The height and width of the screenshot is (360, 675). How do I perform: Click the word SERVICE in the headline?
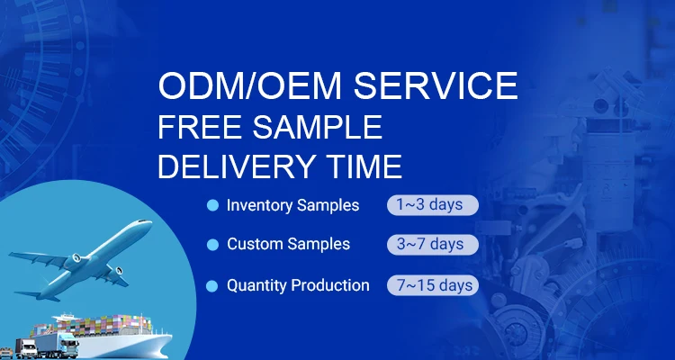[x=436, y=85]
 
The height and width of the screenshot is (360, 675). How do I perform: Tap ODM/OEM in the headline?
[x=249, y=85]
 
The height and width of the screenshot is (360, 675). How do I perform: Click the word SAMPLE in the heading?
[x=318, y=127]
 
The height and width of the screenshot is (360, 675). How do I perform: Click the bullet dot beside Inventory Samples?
[x=212, y=205]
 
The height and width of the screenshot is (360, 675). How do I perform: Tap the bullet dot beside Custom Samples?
[x=212, y=245]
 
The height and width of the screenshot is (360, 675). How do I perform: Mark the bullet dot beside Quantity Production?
[x=211, y=286]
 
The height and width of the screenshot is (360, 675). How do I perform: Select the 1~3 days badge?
[x=433, y=205]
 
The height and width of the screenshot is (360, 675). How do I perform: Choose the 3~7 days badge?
[x=433, y=245]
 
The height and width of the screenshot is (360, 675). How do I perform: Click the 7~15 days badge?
[x=433, y=285]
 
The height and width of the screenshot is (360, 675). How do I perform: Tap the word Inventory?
[x=259, y=205]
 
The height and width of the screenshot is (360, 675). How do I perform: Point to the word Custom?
[x=255, y=244]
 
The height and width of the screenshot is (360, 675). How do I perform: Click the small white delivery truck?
[x=26, y=348]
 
